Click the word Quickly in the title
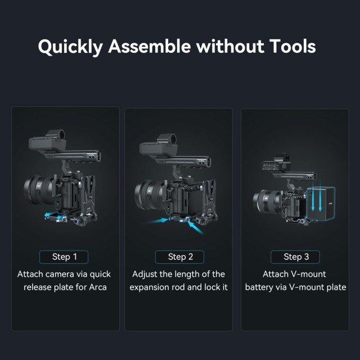point(70,47)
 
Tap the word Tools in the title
point(292,46)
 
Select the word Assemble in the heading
point(150,46)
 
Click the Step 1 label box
point(64,257)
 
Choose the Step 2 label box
point(180,257)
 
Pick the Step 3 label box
point(295,257)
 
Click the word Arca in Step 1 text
point(98,287)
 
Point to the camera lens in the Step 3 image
point(267,201)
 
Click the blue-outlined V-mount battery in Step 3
point(321,204)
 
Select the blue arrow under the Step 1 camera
point(55,215)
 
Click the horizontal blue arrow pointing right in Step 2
point(158,221)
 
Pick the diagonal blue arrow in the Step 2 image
point(196,227)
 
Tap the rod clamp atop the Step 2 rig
point(168,139)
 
